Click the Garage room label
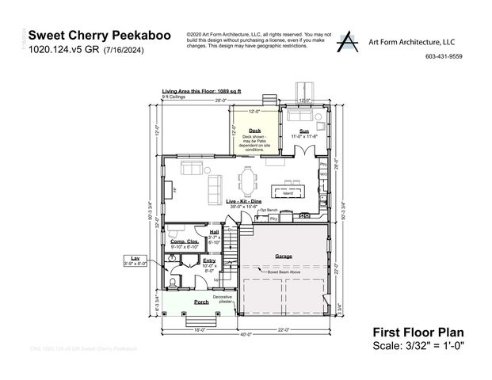283,256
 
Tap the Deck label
254,131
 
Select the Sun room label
303,131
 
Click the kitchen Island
287,191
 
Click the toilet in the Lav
174,282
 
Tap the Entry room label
209,260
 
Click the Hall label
214,232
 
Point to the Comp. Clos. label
183,241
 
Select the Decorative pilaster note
222,298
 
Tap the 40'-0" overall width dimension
248,334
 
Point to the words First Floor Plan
418,332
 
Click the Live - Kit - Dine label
244,202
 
